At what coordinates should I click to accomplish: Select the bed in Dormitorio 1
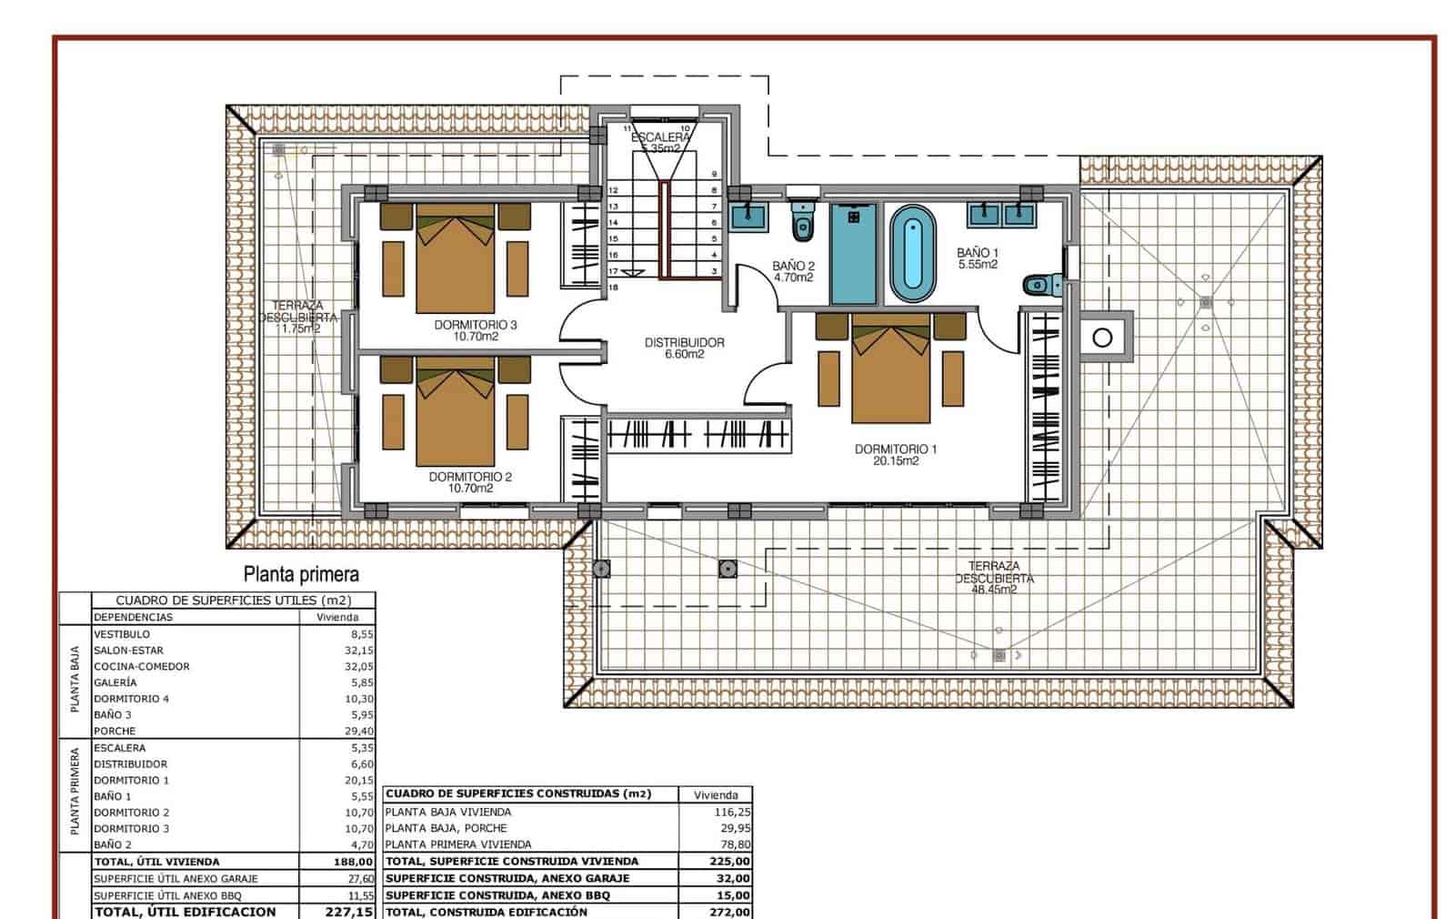tap(891, 373)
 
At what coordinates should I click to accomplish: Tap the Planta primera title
tap(301, 574)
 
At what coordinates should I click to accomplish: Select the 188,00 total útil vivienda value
tap(353, 862)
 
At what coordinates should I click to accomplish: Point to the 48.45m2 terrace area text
tap(993, 590)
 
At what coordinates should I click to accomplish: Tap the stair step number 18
tap(613, 288)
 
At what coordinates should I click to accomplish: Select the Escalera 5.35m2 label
tap(661, 142)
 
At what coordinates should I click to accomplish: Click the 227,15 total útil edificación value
tap(349, 912)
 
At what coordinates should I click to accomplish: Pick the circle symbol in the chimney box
tap(1102, 338)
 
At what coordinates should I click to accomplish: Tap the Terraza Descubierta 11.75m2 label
tap(298, 318)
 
